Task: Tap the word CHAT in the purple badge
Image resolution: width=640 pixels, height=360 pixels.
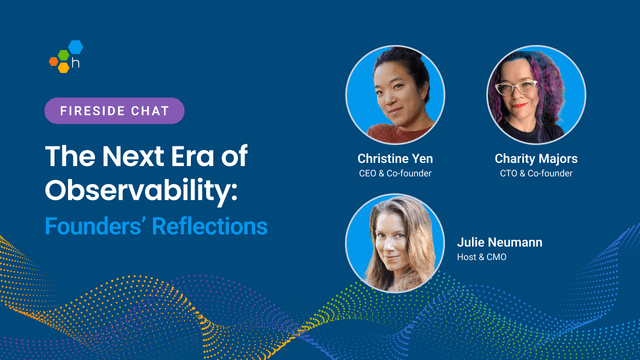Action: click(149, 110)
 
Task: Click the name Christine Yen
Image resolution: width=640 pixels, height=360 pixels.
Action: click(394, 158)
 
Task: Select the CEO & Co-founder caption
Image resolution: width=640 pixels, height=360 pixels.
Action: click(394, 173)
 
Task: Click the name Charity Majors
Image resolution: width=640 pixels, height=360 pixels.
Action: click(536, 158)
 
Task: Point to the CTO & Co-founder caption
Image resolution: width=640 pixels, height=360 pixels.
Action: click(536, 173)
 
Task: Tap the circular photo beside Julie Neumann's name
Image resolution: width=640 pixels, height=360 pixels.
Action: click(394, 243)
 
